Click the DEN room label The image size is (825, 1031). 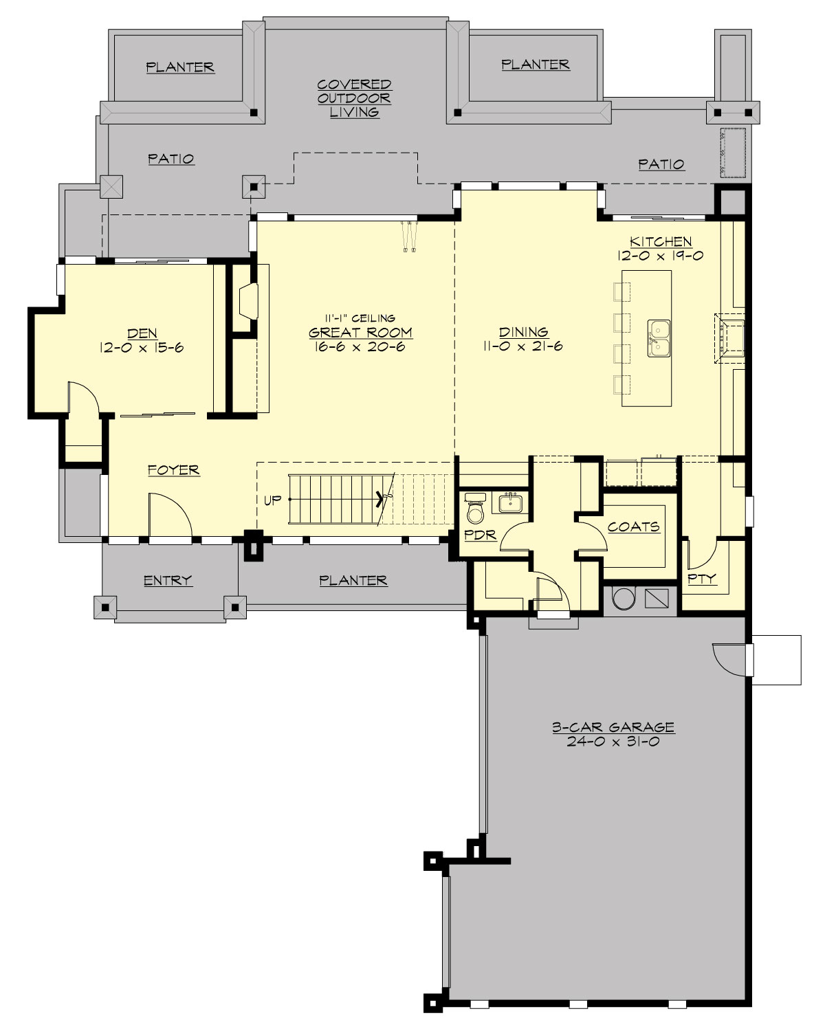(x=142, y=333)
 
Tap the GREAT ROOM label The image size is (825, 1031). (x=360, y=333)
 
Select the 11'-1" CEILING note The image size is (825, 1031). (x=360, y=318)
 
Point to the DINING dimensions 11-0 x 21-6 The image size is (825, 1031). (x=522, y=346)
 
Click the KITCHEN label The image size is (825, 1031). (x=661, y=241)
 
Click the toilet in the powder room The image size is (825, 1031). (x=475, y=509)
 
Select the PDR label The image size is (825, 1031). (x=481, y=534)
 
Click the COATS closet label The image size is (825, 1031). (x=633, y=526)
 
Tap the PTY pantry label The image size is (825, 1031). (x=702, y=579)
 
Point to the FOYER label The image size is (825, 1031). (x=174, y=470)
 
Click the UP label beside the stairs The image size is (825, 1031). (x=273, y=500)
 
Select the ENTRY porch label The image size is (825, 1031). (x=168, y=581)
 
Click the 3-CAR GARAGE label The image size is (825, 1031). (x=613, y=727)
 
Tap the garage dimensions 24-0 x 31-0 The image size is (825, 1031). (x=613, y=742)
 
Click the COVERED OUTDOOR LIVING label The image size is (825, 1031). (x=354, y=98)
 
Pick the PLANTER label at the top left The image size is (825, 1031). (x=180, y=67)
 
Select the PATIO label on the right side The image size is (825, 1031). (x=661, y=164)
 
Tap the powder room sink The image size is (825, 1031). (x=509, y=504)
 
